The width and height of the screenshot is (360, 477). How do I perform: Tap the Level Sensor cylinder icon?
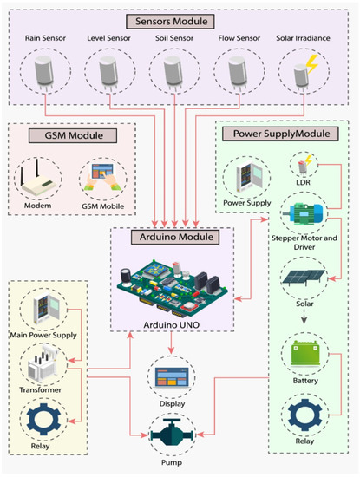pyautogui.click(x=108, y=74)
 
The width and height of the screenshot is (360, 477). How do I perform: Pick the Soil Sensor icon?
pyautogui.click(x=173, y=74)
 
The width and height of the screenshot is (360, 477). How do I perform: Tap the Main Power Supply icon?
pyautogui.click(x=43, y=310)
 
